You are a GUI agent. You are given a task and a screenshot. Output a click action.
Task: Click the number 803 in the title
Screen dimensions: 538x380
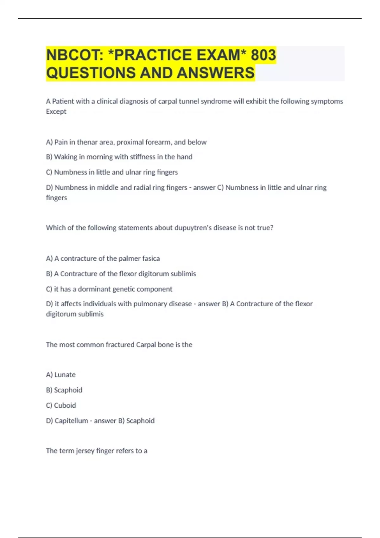pyautogui.click(x=263, y=55)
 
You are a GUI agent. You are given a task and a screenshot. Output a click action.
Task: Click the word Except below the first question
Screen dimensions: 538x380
pyautogui.click(x=56, y=111)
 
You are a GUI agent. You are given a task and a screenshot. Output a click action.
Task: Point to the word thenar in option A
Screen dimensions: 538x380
pyautogui.click(x=87, y=142)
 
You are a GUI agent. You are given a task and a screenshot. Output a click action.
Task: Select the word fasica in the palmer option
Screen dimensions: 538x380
pyautogui.click(x=151, y=259)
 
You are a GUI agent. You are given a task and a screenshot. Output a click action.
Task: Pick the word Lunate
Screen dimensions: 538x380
pyautogui.click(x=65, y=375)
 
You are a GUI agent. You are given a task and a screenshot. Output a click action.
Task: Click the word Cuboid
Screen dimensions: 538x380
pyautogui.click(x=65, y=405)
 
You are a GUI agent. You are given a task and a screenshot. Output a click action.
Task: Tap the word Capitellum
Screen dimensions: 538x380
pyautogui.click(x=71, y=421)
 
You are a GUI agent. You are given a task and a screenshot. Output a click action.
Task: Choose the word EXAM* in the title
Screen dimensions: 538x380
pyautogui.click(x=221, y=55)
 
